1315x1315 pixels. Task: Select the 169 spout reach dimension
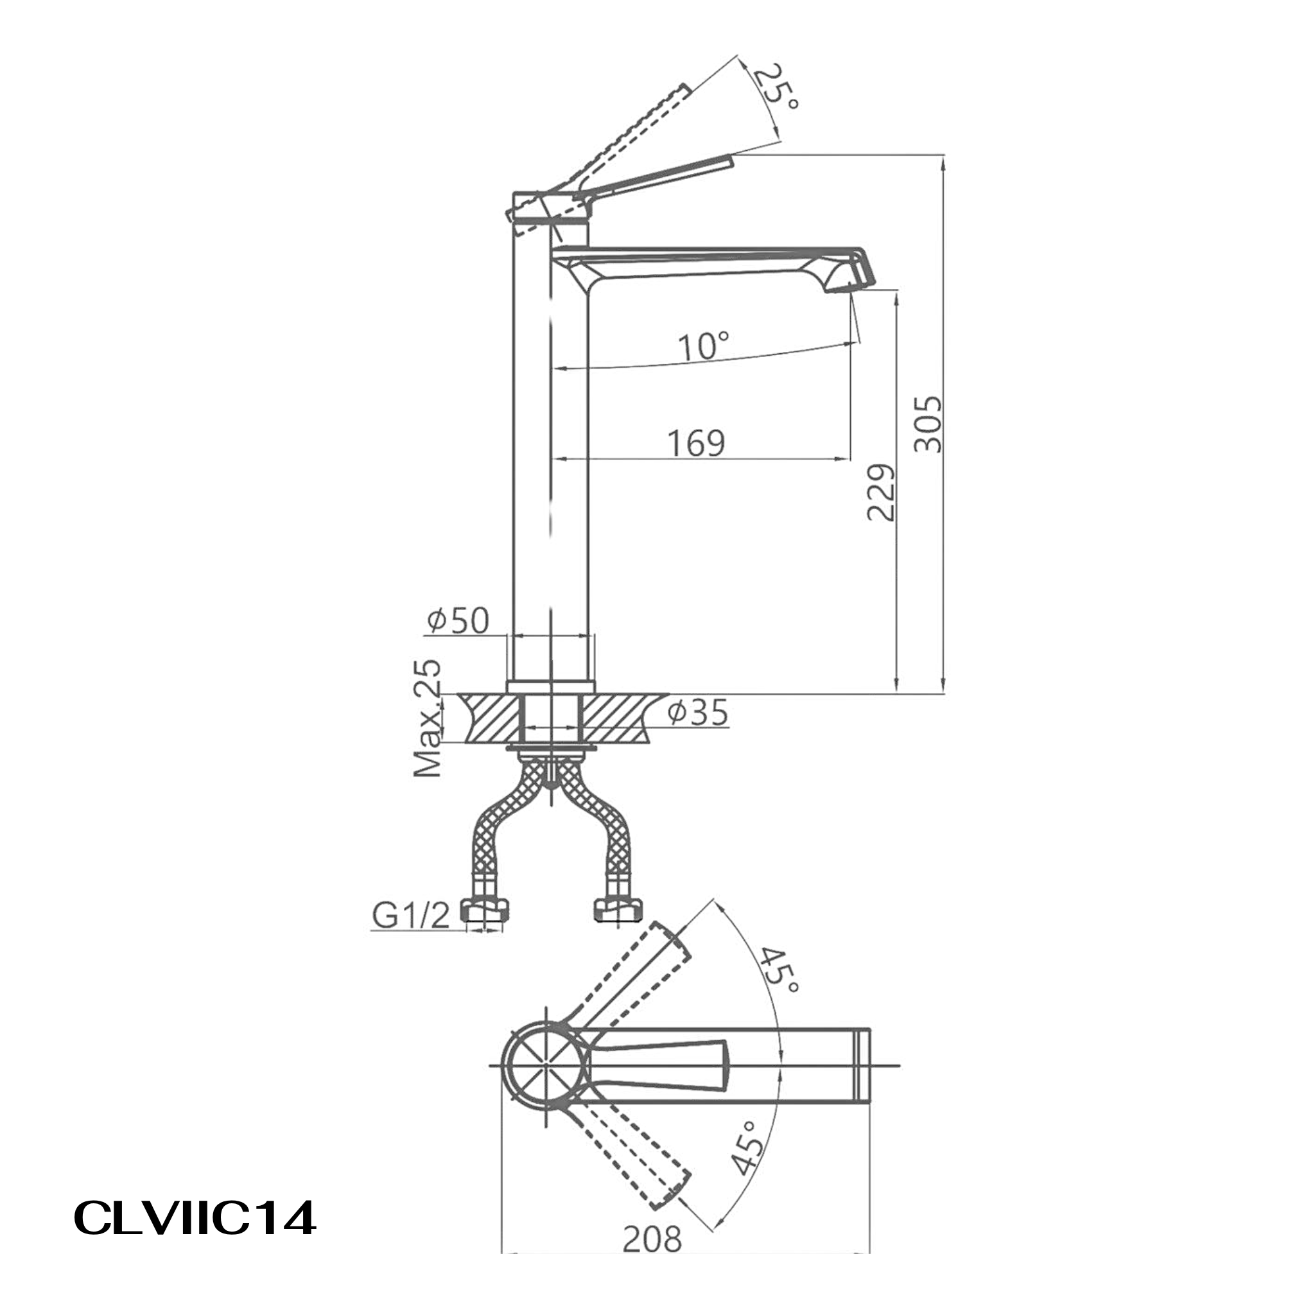coord(696,443)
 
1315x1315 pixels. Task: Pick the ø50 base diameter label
coord(458,620)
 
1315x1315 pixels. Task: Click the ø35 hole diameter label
coord(698,713)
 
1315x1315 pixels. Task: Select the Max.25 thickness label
coord(428,718)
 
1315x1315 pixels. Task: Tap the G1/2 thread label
coord(411,918)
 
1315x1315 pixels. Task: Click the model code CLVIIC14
coord(194,1217)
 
